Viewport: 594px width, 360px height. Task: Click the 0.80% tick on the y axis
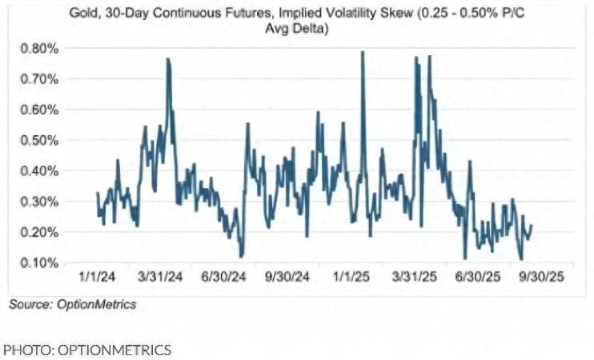[x=37, y=48]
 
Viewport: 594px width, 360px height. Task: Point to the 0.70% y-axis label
[x=37, y=78]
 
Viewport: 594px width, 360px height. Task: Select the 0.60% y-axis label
[x=37, y=110]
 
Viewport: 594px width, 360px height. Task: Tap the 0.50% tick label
[x=37, y=140]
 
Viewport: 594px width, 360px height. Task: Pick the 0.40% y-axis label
[x=37, y=170]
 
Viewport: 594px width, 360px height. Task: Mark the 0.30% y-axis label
[x=37, y=201]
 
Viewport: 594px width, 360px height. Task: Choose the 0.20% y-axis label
[x=37, y=232]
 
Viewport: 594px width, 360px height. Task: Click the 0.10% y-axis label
[x=37, y=262]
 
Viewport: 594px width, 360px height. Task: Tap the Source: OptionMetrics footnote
[x=72, y=304]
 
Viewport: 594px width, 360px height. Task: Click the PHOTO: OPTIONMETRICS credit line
[x=86, y=350]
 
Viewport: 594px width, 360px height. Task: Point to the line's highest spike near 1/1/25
[x=363, y=52]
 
